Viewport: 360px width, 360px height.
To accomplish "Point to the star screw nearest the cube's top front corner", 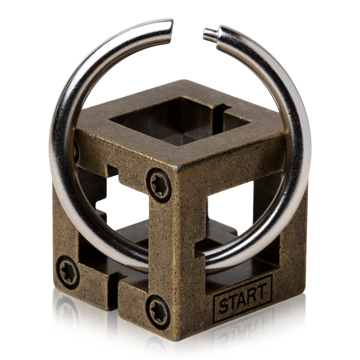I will (x=159, y=185).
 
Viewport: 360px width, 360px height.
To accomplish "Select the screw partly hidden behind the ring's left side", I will (x=76, y=151).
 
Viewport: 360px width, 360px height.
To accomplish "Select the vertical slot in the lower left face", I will (x=112, y=285).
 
